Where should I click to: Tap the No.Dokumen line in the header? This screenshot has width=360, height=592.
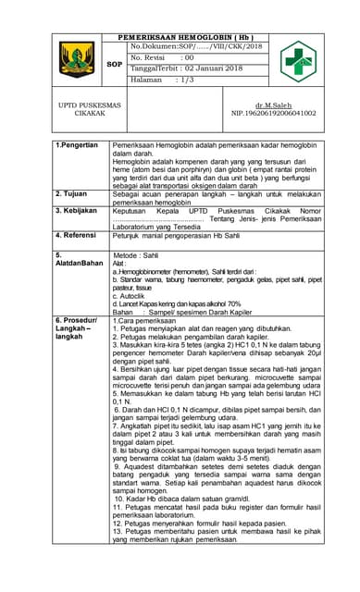[x=196, y=45]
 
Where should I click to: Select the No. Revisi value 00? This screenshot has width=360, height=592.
[x=188, y=57]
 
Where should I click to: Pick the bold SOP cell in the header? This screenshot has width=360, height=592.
[x=115, y=64]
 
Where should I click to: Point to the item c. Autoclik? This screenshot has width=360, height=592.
[x=131, y=295]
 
